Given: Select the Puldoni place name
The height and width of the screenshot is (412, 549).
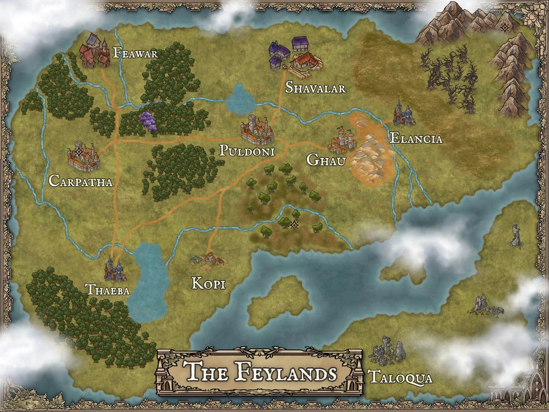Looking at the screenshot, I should coord(247,151).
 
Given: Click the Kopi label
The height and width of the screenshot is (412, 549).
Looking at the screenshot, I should coord(209,284).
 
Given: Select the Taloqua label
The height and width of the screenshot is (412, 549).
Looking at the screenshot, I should coord(401,378).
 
